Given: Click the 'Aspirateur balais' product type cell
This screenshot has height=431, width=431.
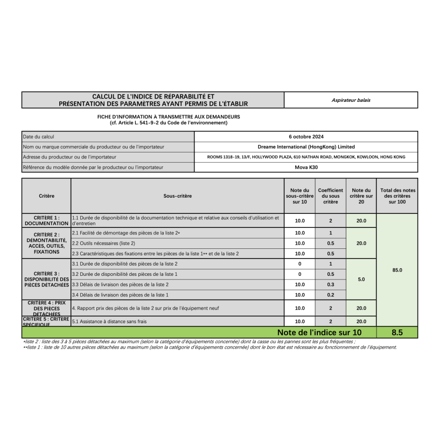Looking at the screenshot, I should pos(351,100).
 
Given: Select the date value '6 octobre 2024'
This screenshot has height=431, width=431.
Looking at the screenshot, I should pos(306,136).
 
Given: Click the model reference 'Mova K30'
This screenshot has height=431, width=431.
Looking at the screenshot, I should pos(306,167).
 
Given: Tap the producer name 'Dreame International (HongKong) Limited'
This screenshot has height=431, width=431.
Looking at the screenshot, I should pos(306,147).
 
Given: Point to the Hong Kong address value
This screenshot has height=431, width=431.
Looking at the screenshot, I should pos(306,157).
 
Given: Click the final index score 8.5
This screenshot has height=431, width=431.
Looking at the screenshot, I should pos(397,333).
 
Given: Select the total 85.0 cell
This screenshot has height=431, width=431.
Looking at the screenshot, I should pos(397,270).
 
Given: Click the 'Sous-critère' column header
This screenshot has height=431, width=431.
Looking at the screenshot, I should pos(177,196).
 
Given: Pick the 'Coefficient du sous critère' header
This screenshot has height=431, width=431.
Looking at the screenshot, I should pos(330,196).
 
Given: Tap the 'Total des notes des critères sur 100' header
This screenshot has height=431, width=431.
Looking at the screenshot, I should pos(397,196).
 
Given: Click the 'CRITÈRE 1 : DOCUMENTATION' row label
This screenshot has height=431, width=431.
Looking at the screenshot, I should pos(46,220).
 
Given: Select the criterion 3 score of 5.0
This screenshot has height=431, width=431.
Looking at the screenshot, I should pos(361,280).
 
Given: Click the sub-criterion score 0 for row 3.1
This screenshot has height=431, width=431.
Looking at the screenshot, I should pos(300,264).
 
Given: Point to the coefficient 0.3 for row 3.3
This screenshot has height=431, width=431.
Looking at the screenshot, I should pos(330,284).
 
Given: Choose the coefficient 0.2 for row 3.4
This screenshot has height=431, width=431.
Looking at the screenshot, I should pos(330,295).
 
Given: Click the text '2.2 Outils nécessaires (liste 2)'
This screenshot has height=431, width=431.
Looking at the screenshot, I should pos(103,243).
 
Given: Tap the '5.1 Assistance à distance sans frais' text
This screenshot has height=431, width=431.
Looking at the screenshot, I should pos(109,321).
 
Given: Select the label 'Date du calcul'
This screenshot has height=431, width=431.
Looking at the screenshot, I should pos(39,136).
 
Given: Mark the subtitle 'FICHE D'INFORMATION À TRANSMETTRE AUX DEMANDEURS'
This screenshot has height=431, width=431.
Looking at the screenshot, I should pos(169,116).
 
